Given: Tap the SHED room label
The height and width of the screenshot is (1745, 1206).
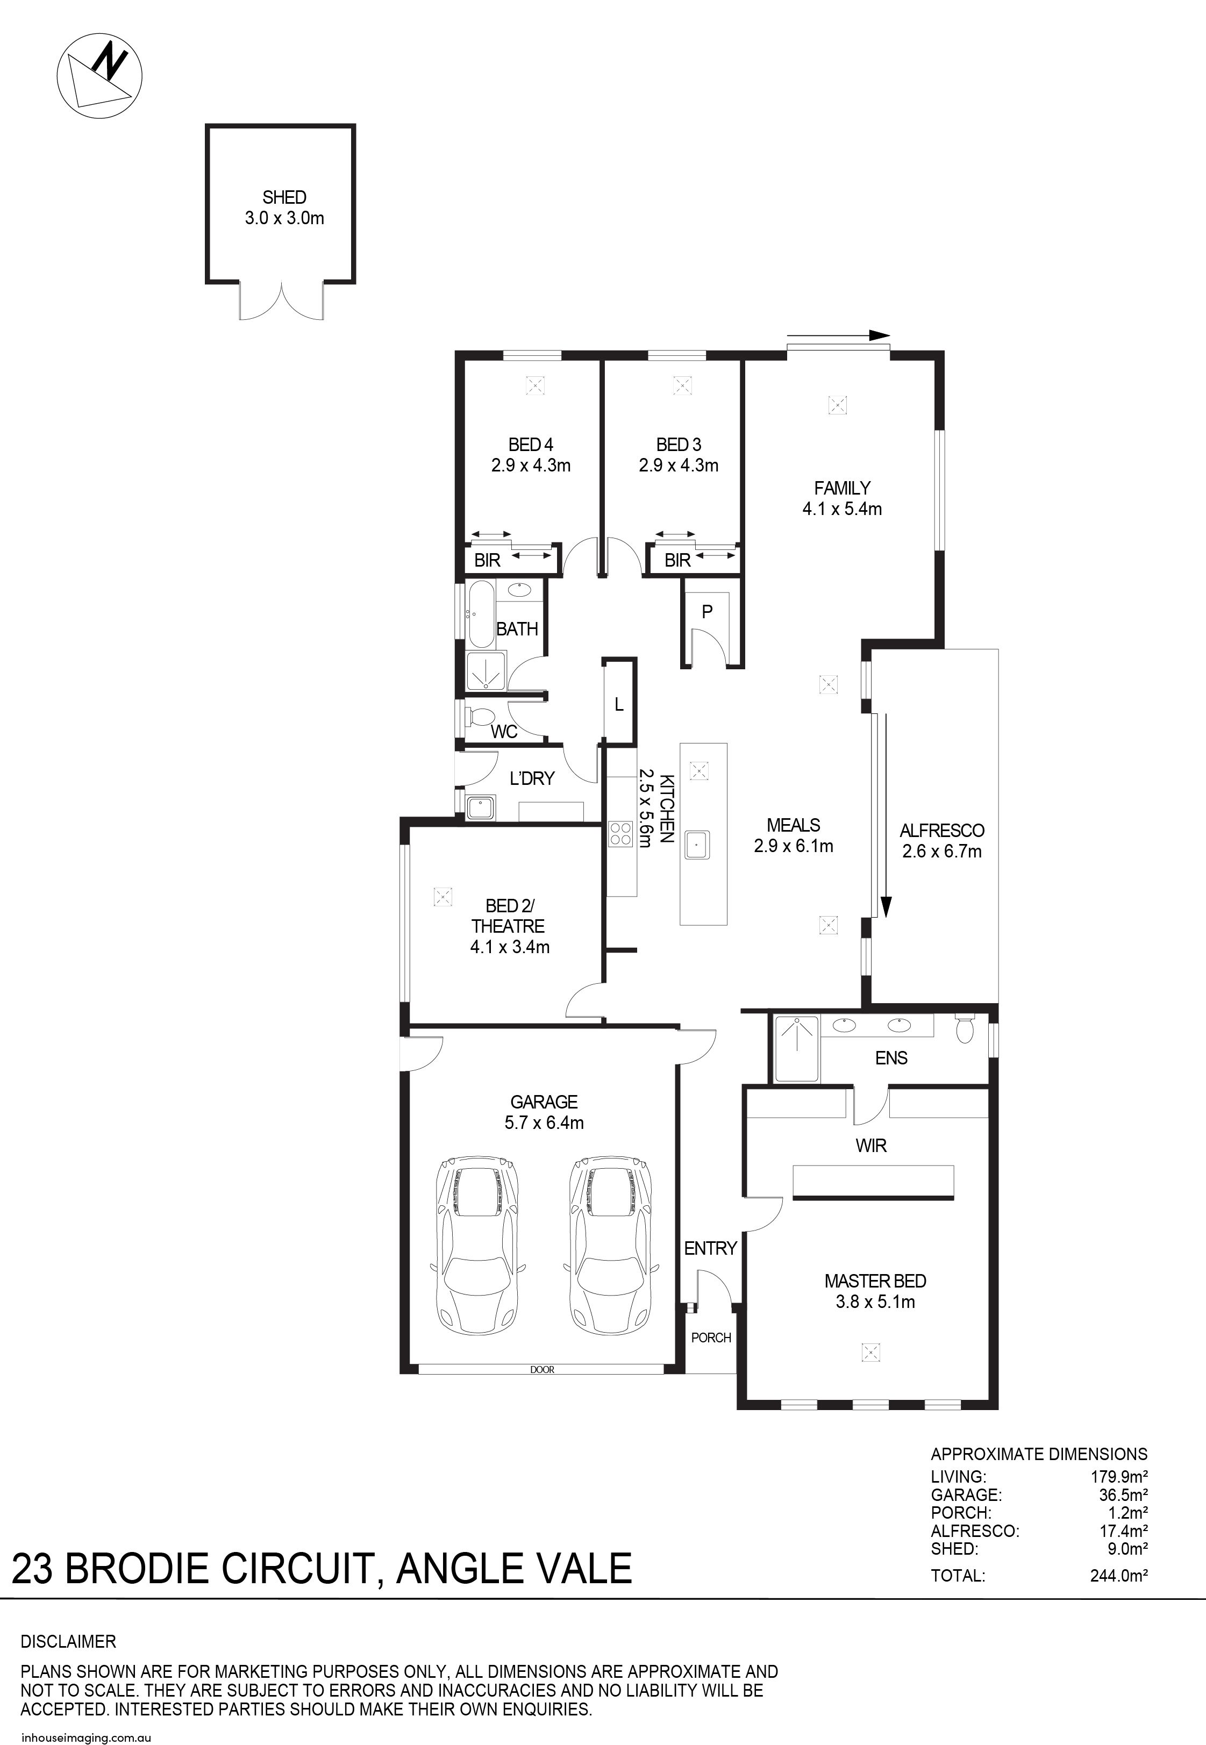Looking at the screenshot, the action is [284, 197].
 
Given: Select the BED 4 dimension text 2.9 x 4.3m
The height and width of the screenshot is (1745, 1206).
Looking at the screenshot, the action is [531, 466].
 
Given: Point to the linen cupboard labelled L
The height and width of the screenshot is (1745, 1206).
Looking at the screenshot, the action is [619, 705].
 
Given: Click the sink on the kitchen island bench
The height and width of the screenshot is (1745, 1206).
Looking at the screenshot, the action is [697, 844].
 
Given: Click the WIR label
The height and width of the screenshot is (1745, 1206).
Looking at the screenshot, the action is [870, 1145].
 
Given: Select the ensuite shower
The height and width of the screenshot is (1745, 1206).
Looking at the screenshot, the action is [795, 1048].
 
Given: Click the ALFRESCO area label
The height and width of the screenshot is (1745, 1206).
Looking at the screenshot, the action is [941, 830].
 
